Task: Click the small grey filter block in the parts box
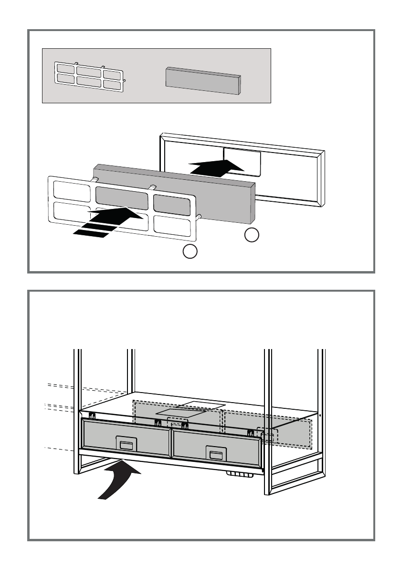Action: coord(202,81)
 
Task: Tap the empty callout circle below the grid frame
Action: coord(190,251)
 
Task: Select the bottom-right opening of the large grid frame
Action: coord(173,225)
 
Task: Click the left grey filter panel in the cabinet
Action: coord(127,437)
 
